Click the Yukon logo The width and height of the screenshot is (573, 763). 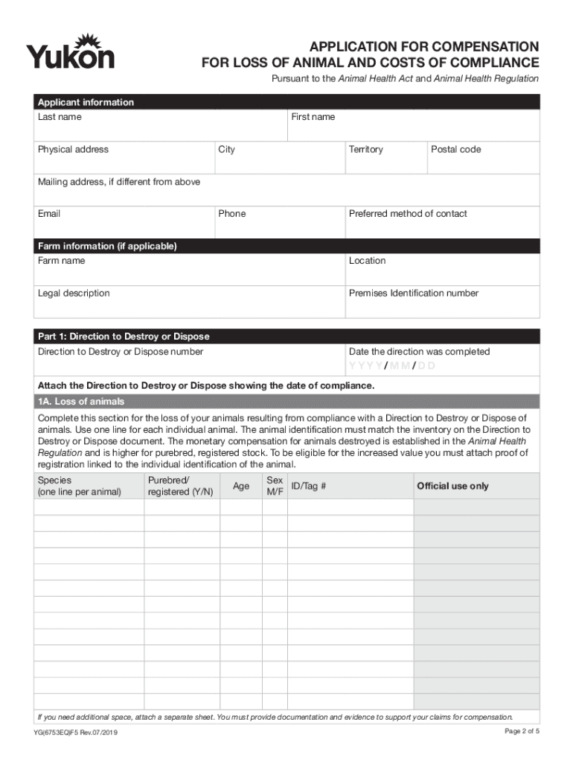click(x=71, y=51)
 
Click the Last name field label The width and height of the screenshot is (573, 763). click(x=60, y=117)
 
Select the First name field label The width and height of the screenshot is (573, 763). click(x=313, y=117)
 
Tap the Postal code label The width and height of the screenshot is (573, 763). click(x=456, y=150)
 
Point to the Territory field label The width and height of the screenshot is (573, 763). click(x=366, y=150)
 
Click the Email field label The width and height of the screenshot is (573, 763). click(x=49, y=214)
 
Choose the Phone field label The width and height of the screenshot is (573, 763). click(x=232, y=214)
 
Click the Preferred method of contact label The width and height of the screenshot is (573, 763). click(x=408, y=214)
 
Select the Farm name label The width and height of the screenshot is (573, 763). click(x=62, y=261)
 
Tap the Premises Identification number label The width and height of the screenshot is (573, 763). click(x=414, y=294)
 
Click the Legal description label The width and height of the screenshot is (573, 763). click(x=74, y=294)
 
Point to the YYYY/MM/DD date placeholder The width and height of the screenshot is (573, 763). click(x=393, y=366)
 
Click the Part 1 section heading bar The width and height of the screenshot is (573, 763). click(x=287, y=337)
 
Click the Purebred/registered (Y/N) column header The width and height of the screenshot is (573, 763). click(x=181, y=486)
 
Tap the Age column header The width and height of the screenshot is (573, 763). click(x=241, y=487)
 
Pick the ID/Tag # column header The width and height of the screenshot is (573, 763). click(x=309, y=487)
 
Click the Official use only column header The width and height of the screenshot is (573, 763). click(x=453, y=487)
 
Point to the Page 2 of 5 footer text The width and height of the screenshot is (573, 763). click(x=522, y=731)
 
